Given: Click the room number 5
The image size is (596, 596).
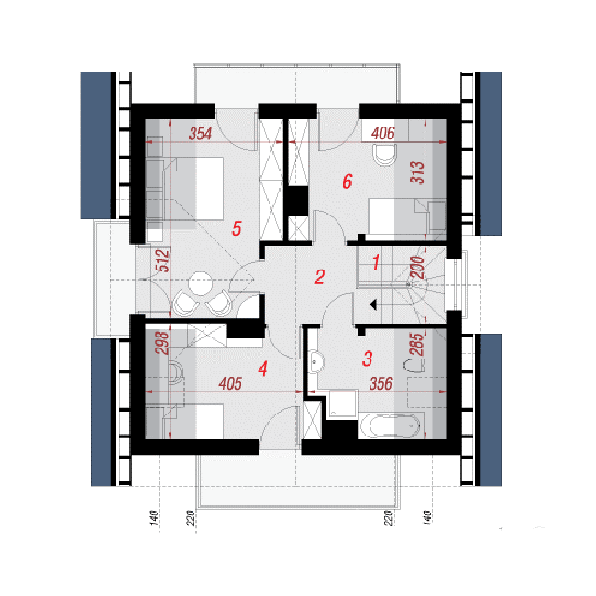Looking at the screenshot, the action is coord(237,229).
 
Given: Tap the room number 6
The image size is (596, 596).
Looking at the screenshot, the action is coord(348,182).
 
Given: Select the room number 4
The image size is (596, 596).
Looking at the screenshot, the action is coord(262,369).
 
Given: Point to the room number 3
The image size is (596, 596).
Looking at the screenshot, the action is coord(367,359).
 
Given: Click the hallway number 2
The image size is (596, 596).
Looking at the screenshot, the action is coord(319,277).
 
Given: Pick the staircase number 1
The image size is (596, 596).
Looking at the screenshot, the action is coord(376,262).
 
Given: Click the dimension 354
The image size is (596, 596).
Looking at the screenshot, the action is coord(200,134).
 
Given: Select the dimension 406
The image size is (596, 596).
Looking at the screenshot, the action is coord(382,134).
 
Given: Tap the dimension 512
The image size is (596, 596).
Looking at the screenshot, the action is coord(163,260).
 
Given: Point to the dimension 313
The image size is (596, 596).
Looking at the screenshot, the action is coord(417,172).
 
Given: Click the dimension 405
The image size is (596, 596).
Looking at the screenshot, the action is coord(230,383).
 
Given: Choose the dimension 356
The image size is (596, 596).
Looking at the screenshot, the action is coord(381,383).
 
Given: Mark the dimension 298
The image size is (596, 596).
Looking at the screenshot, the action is coord(162,343).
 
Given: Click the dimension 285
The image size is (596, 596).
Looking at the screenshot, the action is coord(417,345).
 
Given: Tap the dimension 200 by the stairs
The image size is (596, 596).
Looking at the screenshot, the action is coord(417,267).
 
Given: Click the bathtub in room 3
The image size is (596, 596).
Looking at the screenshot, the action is coord(390,425).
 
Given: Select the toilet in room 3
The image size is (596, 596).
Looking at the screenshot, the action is coord(414,366).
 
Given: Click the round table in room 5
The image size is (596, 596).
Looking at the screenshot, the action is coord(201,283).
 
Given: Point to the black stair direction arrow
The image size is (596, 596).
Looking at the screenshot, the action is coord(373,304).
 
